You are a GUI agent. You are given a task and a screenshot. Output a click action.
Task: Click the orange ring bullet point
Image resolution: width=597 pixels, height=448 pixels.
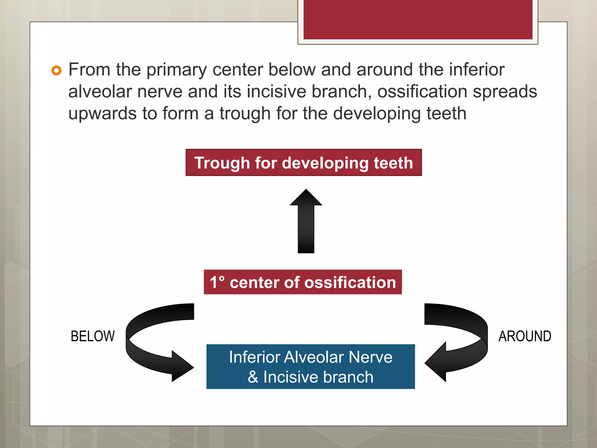point(56,71)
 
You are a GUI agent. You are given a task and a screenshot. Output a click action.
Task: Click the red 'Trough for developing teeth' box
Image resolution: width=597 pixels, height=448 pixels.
point(303,162)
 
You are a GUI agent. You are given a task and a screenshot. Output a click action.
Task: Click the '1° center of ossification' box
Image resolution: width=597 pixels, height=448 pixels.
point(303,282)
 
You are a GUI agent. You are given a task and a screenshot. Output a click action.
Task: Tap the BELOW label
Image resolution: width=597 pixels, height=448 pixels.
point(93,336)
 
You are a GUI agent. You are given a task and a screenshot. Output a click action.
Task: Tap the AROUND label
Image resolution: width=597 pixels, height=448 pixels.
point(525,336)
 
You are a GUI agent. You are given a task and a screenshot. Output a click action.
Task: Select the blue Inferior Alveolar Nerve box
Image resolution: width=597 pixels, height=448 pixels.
point(310,366)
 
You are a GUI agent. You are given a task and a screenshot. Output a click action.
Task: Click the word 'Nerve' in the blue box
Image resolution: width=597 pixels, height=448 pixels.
point(371,357)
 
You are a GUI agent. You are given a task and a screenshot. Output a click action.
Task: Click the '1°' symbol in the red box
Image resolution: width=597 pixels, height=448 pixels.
point(217,282)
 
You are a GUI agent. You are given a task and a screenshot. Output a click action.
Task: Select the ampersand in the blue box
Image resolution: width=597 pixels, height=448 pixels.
point(253,377)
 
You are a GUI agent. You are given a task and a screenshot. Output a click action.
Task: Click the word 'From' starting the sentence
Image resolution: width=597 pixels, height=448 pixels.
point(89,70)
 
